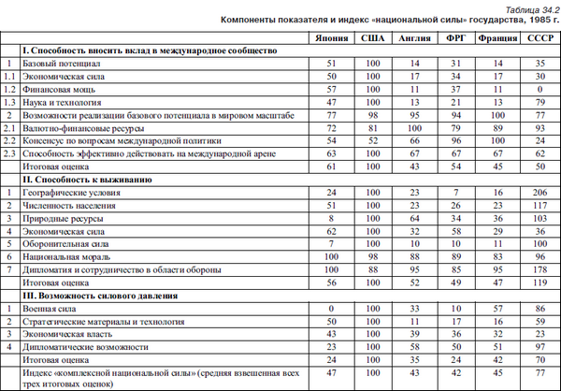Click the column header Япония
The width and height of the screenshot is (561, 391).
(x=326, y=40)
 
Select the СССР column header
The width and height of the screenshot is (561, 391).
(x=537, y=40)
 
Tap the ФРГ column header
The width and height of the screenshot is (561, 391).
(x=455, y=40)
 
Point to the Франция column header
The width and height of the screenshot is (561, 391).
(x=496, y=40)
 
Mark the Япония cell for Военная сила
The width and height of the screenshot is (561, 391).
(x=326, y=308)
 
